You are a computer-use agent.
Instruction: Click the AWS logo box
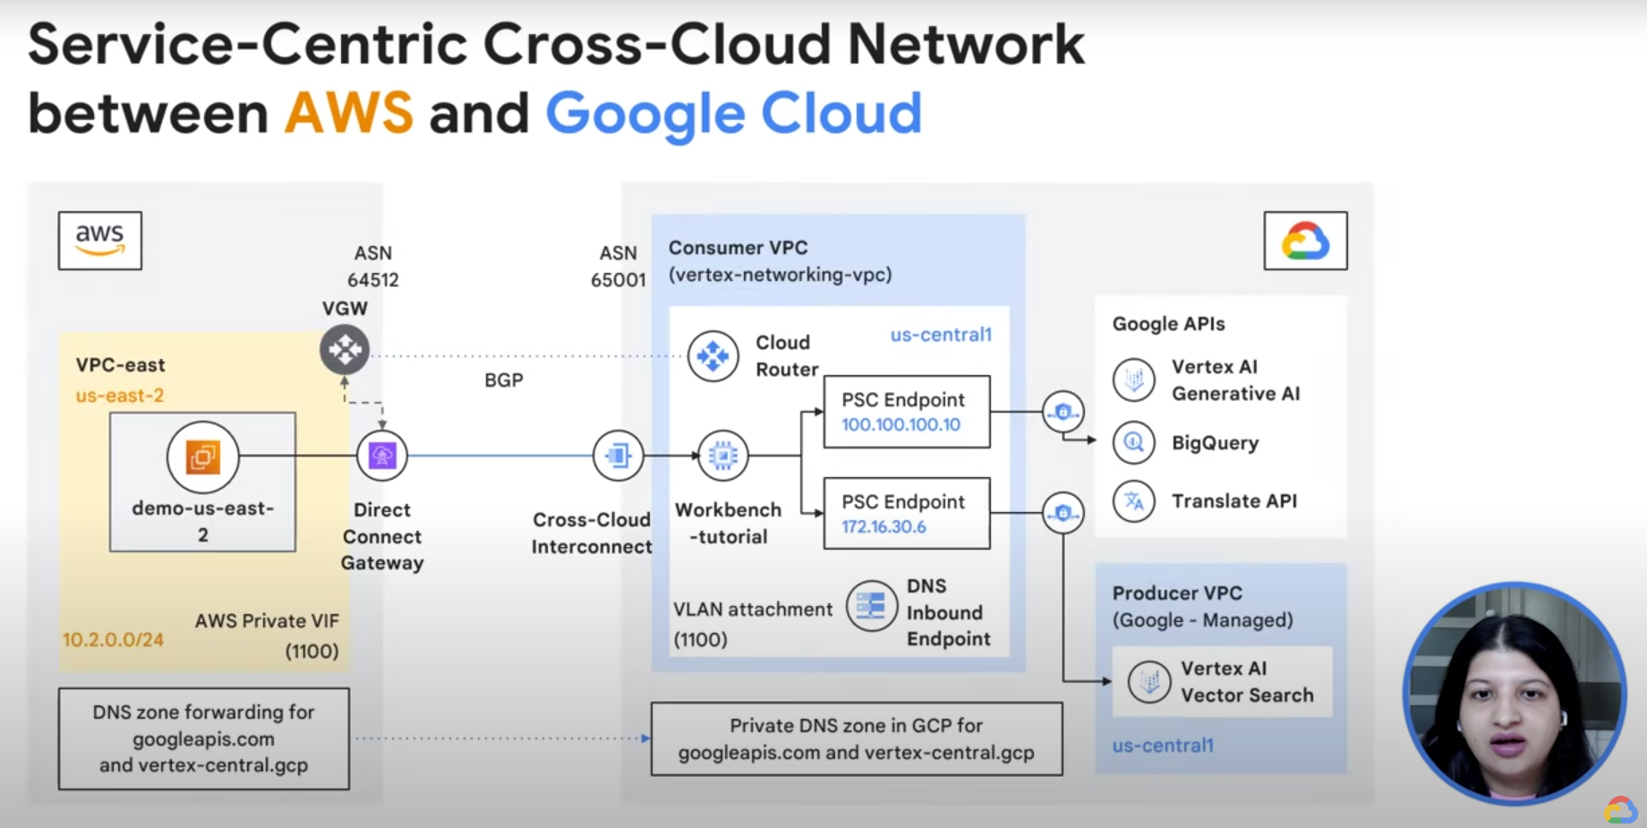[100, 240]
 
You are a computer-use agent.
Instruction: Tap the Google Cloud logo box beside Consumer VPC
[1305, 240]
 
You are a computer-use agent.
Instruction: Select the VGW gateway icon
[345, 349]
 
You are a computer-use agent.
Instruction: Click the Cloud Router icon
[713, 356]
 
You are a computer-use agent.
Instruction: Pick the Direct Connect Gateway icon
[382, 456]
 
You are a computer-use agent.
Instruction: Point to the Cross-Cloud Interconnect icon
[618, 456]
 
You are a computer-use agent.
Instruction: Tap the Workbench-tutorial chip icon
[722, 456]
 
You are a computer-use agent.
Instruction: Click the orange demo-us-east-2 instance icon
[203, 457]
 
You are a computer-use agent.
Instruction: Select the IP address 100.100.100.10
[900, 424]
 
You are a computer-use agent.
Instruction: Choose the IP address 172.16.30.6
[883, 526]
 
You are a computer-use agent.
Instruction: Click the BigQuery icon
[1134, 442]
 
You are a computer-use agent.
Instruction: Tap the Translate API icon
[1134, 501]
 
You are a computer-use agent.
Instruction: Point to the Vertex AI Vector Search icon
[1149, 682]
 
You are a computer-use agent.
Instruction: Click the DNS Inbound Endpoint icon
[872, 606]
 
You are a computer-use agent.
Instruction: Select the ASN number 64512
[373, 280]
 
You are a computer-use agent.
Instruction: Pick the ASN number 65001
[618, 280]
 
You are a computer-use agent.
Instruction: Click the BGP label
[504, 380]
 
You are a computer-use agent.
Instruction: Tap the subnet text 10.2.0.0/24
[113, 640]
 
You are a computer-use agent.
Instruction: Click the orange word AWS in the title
[349, 114]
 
